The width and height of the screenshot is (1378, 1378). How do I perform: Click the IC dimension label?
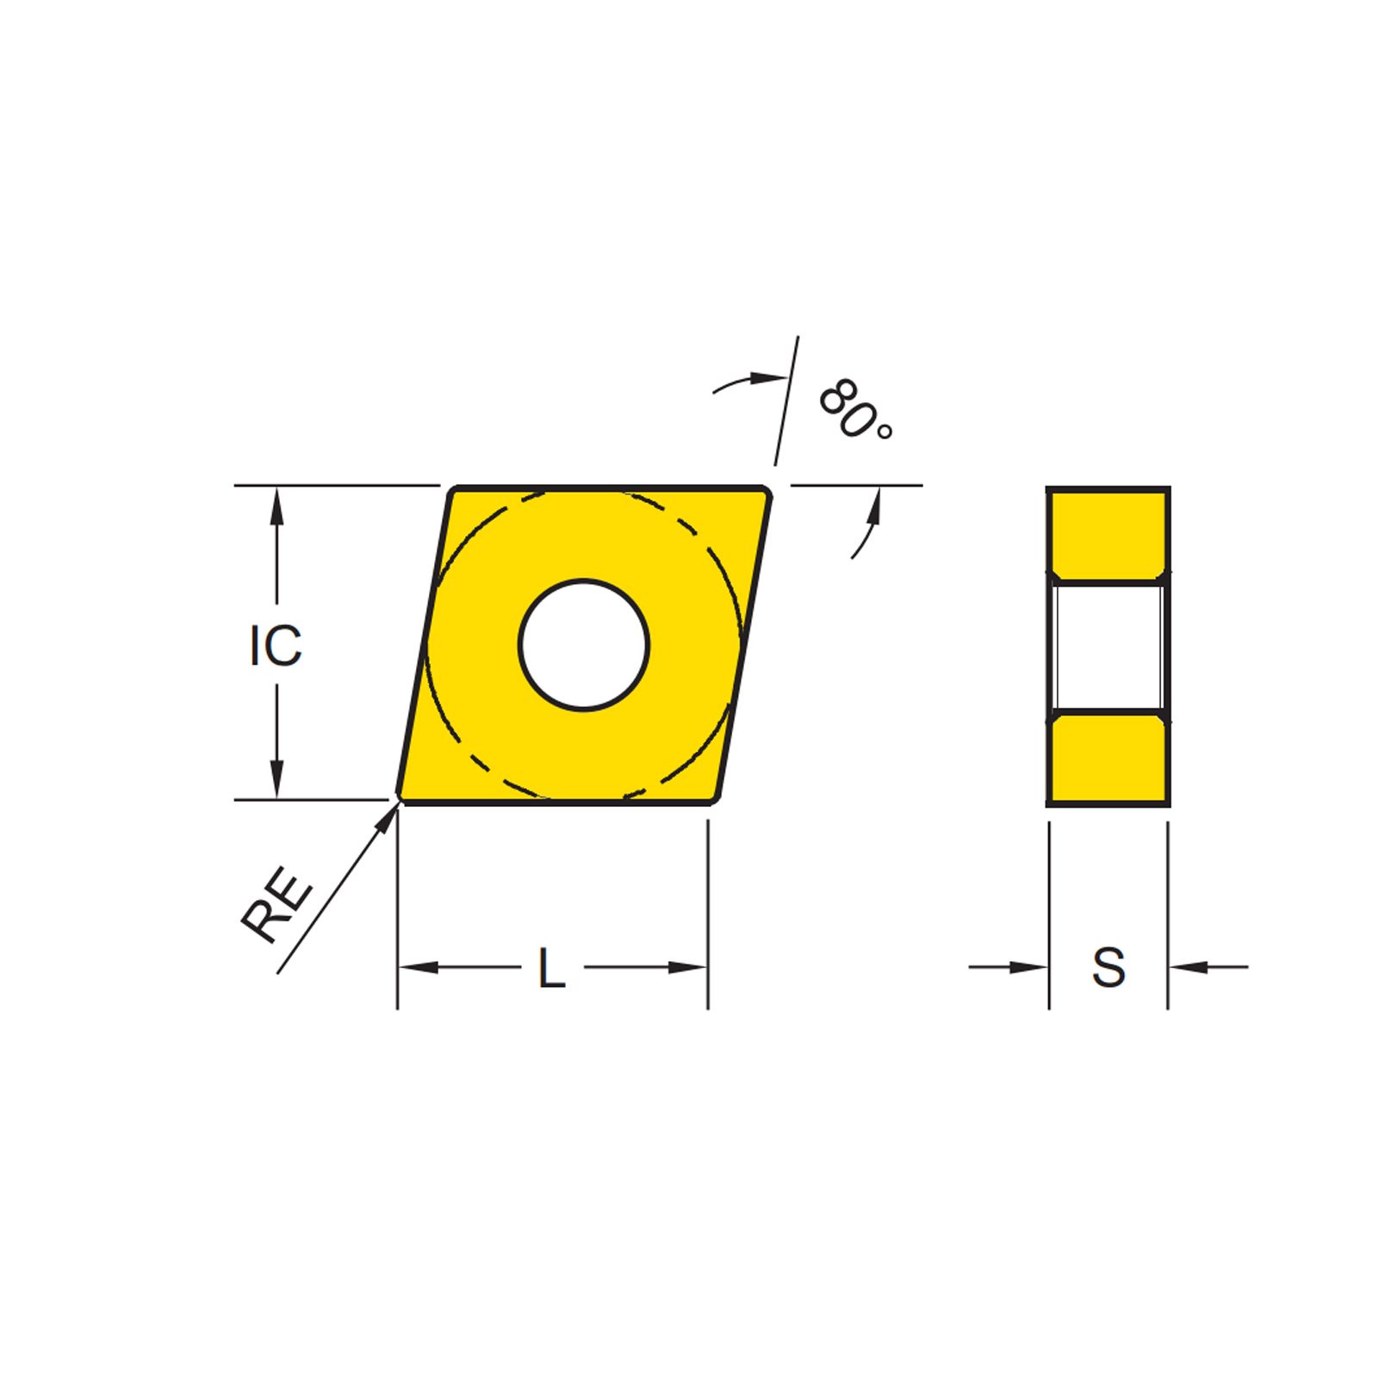[x=276, y=646]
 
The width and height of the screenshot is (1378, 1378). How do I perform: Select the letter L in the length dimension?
[x=551, y=968]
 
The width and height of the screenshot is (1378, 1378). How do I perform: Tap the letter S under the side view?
[x=1108, y=967]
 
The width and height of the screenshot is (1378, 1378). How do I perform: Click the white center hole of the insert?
[x=584, y=645]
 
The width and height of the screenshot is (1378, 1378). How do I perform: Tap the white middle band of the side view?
[x=1108, y=646]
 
